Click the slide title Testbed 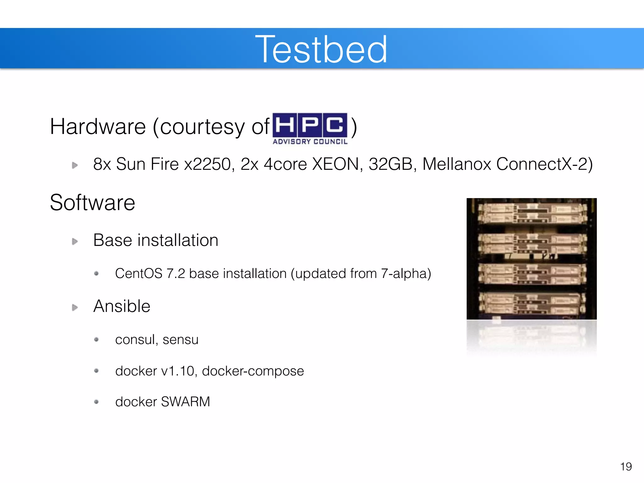point(321,49)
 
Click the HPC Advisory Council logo point(310,129)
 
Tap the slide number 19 point(626,467)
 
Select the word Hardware point(98,127)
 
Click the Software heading point(92,203)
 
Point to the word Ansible point(122,306)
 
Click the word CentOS point(139,274)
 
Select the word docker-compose point(253,371)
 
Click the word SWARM point(185,402)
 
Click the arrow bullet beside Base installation point(75,241)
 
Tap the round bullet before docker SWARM point(97,402)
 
